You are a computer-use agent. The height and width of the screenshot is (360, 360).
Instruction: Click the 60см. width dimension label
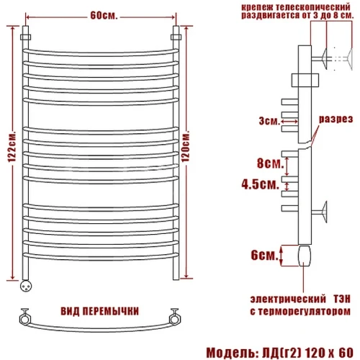pyautogui.click(x=104, y=16)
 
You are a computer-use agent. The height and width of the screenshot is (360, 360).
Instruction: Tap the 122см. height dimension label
pyautogui.click(x=12, y=147)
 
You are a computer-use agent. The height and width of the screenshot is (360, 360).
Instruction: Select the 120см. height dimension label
pyautogui.click(x=186, y=146)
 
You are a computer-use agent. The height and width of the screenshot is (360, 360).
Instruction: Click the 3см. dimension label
pyautogui.click(x=269, y=121)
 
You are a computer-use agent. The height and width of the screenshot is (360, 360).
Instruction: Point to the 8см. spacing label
pyautogui.click(x=271, y=163)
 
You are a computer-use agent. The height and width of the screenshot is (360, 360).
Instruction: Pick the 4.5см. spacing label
pyautogui.click(x=261, y=184)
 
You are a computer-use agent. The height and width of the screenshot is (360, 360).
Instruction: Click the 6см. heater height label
pyautogui.click(x=264, y=255)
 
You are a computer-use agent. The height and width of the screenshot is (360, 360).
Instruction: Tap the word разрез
pyautogui.click(x=336, y=120)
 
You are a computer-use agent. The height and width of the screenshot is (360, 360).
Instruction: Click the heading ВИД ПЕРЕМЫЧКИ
pyautogui.click(x=99, y=311)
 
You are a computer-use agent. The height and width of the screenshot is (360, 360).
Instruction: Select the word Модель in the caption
pyautogui.click(x=230, y=353)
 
